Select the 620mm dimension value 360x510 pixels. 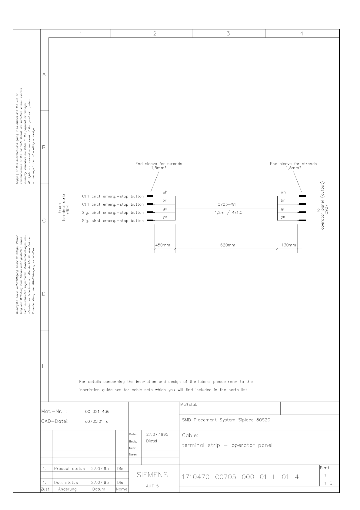point(227,245)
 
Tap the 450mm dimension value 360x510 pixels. point(163,245)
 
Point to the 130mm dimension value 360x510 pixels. point(289,245)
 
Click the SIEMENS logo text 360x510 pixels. point(152,475)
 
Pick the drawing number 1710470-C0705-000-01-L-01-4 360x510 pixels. point(240,477)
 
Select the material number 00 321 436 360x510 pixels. point(97,412)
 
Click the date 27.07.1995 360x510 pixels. point(157,434)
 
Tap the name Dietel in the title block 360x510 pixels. point(152,441)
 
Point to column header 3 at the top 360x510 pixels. point(228,34)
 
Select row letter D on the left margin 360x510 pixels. point(44,294)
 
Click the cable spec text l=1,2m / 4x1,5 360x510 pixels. point(224,213)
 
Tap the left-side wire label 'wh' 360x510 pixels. point(165,192)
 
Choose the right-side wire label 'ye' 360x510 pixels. point(283,217)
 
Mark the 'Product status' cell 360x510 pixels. point(69,469)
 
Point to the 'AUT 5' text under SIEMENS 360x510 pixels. point(152,486)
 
